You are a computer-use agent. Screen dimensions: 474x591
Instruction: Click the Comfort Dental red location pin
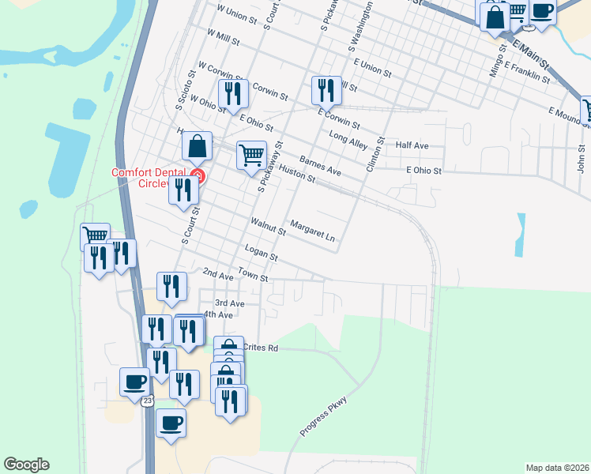click(198, 176)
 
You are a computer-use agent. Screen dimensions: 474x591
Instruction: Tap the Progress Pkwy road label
click(324, 416)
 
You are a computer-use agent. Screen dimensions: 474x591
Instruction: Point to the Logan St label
click(262, 253)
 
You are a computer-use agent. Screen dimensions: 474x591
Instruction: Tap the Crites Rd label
click(262, 348)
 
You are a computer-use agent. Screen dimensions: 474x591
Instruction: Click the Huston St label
click(297, 174)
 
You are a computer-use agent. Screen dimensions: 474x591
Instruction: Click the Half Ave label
click(412, 146)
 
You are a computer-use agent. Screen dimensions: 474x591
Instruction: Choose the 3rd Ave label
click(230, 303)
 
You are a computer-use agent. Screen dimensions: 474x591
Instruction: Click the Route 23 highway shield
click(148, 401)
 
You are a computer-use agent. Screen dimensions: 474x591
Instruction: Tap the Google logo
click(26, 465)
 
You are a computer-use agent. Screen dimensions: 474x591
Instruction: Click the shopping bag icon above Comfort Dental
click(197, 145)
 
